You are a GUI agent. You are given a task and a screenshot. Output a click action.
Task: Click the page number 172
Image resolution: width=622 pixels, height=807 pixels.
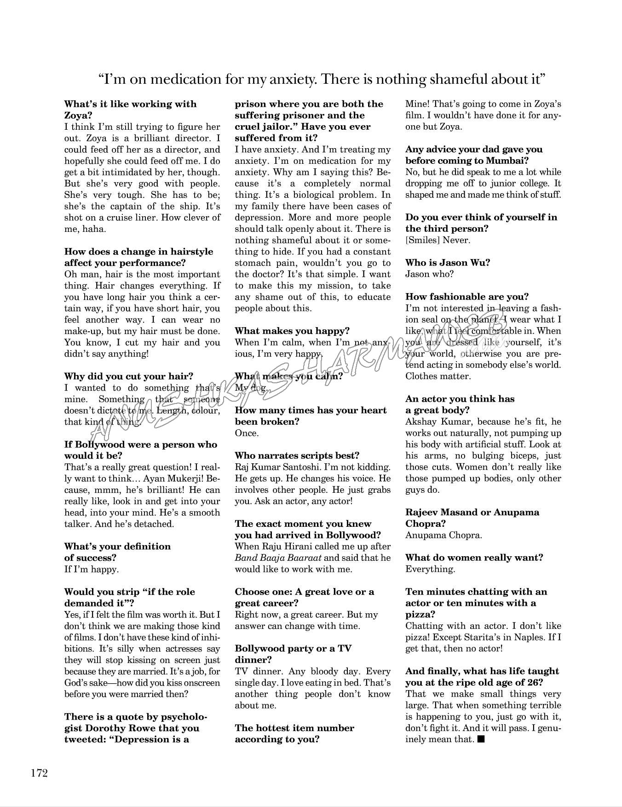40,773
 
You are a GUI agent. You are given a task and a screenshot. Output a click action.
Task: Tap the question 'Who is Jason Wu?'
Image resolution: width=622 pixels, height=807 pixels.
447,263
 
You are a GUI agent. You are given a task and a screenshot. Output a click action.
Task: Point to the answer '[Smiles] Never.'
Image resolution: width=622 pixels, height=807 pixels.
438,240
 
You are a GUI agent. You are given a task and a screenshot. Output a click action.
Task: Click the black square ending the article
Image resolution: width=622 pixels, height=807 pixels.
481,739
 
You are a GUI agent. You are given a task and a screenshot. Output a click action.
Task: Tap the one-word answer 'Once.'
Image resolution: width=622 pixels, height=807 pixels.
247,433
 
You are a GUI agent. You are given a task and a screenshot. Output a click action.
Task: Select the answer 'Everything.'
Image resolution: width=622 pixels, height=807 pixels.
430,570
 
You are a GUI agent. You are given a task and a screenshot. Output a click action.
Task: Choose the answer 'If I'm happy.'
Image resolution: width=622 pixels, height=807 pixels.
91,570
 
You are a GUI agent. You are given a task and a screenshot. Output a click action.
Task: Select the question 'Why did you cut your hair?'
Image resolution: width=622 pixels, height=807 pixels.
129,376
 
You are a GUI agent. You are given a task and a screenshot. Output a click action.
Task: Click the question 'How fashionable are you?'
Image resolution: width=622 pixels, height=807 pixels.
467,297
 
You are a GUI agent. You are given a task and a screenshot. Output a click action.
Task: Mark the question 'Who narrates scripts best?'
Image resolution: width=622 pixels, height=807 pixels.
297,456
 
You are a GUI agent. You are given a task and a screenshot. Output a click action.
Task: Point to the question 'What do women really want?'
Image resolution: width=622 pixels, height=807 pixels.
474,558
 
